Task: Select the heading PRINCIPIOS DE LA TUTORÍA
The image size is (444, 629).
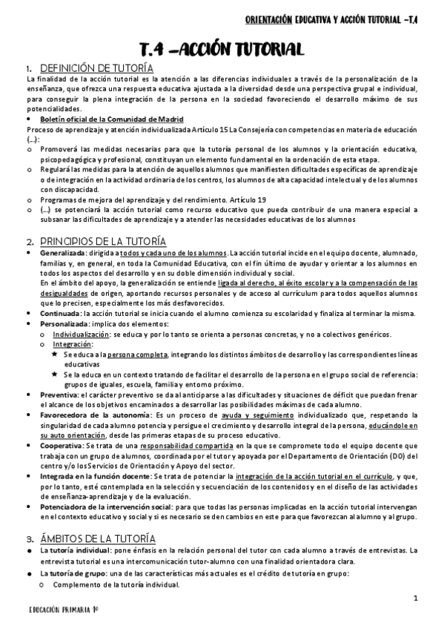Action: pyautogui.click(x=103, y=242)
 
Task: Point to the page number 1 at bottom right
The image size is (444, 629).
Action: pyautogui.click(x=416, y=599)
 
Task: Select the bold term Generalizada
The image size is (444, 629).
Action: pyautogui.click(x=64, y=254)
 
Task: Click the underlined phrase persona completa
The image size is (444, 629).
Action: pyautogui.click(x=134, y=355)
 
